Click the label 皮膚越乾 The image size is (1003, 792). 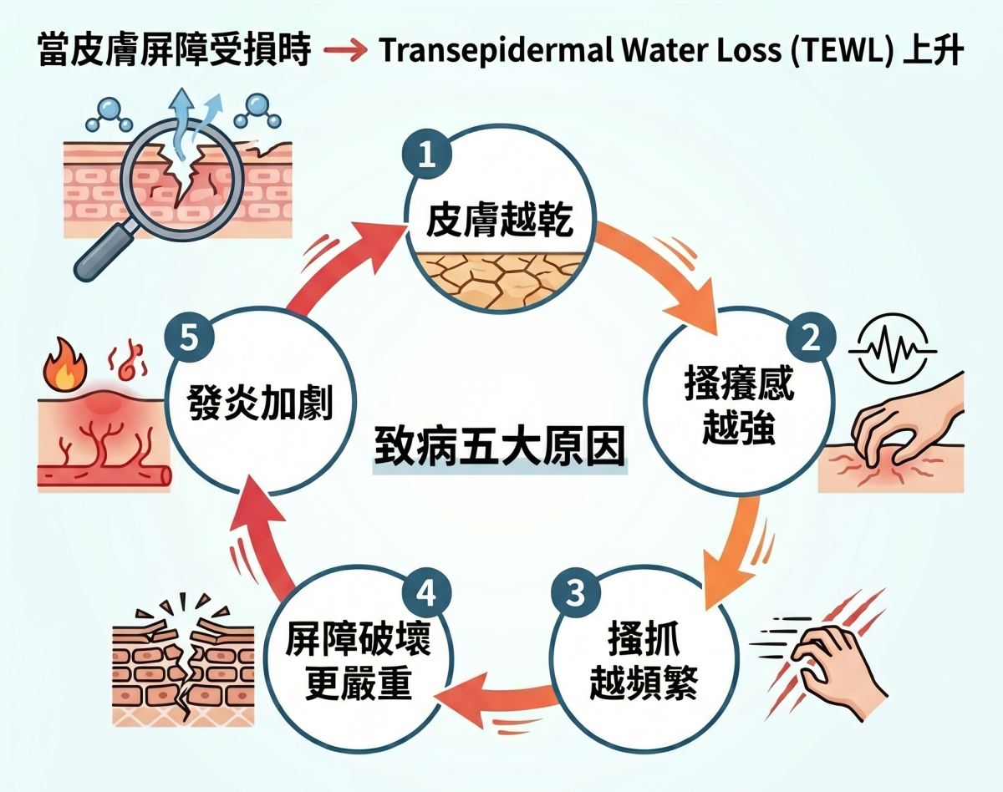point(499,222)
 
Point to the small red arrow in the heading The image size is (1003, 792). point(344,53)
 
